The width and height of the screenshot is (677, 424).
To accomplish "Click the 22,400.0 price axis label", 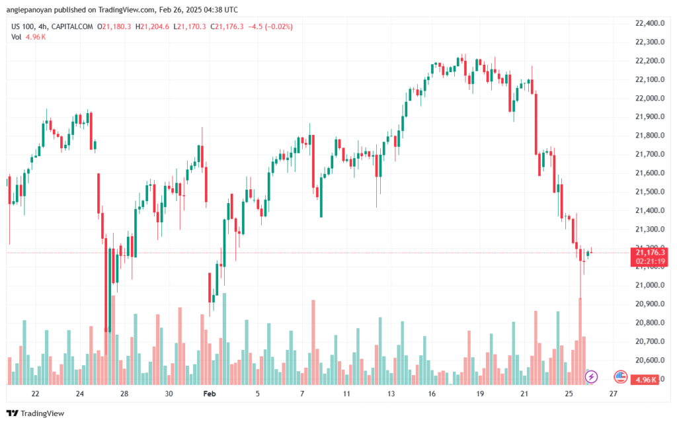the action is point(650,23).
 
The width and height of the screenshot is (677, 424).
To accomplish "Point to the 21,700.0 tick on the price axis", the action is point(650,154).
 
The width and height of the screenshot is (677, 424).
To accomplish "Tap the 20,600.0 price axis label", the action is point(650,360).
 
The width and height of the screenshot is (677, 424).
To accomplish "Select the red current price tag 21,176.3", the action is point(649,253).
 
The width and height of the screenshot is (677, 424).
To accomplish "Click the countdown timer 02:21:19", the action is point(650,262).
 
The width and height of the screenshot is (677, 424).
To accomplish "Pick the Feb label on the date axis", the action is point(210,394).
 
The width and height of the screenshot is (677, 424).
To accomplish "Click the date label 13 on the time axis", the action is point(391,394).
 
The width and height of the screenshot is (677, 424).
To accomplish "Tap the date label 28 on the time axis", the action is point(124,394).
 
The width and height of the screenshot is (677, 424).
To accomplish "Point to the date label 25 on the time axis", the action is point(569,394).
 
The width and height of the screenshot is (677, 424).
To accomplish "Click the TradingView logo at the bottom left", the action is point(36,413).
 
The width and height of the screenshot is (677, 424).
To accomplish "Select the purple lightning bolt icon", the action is point(591,377).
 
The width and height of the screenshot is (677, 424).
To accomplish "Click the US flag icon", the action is point(620,377).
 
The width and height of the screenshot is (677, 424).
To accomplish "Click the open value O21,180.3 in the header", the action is point(114,26).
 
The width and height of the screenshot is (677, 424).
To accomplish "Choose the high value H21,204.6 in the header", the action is point(152,26).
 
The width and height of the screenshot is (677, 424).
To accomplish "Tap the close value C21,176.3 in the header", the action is point(227,26).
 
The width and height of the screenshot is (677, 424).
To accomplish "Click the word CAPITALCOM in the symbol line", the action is point(72,26).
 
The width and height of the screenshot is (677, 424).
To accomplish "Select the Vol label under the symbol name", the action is point(16,37).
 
